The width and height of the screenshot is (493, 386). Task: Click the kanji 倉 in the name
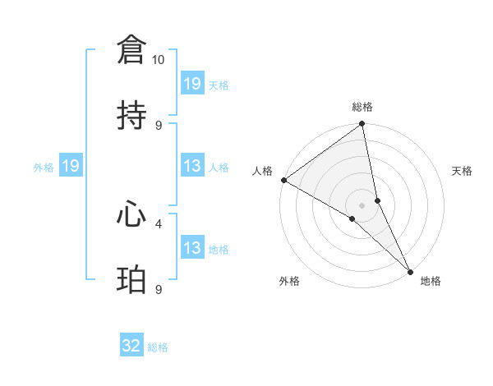(131, 51)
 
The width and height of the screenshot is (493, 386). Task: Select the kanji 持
(131, 116)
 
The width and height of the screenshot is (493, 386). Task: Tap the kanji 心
(131, 214)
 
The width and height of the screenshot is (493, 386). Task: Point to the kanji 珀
(131, 280)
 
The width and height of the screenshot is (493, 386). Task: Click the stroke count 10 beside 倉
(159, 60)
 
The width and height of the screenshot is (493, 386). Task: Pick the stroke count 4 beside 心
(159, 223)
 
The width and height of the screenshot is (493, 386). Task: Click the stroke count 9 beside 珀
(159, 289)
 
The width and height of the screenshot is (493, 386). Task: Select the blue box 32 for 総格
(131, 347)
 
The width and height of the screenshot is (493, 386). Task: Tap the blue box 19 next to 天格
(192, 84)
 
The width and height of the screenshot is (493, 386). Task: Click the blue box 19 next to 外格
(70, 167)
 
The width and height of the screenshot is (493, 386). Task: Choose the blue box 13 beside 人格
(192, 167)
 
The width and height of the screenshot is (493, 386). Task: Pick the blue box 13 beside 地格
(192, 249)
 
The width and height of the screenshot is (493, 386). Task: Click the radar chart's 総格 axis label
(362, 108)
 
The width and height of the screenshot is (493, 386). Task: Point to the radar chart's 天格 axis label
(463, 171)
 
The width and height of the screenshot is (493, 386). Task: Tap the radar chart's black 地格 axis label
(431, 282)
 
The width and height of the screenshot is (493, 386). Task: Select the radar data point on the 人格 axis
(283, 180)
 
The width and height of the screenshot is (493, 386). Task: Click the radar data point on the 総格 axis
(362, 125)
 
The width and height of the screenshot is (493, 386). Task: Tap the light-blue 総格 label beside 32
(158, 347)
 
